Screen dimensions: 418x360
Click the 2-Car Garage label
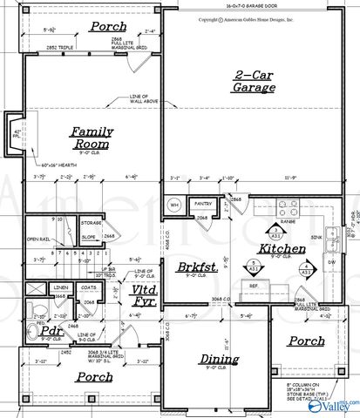tap(255, 80)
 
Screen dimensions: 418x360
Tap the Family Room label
tap(92, 137)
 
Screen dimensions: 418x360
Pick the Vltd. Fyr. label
tap(145, 295)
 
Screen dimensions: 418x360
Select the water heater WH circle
tap(173, 206)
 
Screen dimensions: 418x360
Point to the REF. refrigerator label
tap(255, 285)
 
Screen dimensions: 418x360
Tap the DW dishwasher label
tap(330, 260)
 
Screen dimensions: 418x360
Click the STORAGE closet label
tap(91, 223)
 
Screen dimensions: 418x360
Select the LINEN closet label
tap(60, 287)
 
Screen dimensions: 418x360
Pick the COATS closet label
tap(87, 287)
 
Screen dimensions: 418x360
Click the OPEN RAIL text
tap(37, 238)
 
